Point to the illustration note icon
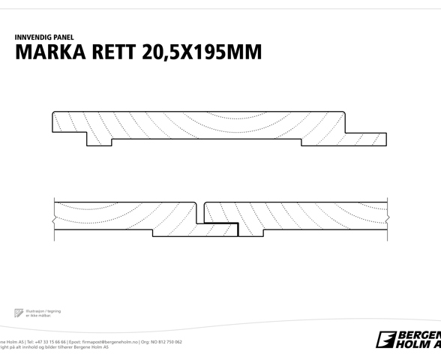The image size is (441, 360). coord(19,312)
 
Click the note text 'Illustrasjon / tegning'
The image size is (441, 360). coord(43,310)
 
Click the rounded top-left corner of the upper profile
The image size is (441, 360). coord(55,114)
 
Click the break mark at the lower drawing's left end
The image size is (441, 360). coord(53,219)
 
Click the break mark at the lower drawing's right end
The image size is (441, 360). coord(388,218)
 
